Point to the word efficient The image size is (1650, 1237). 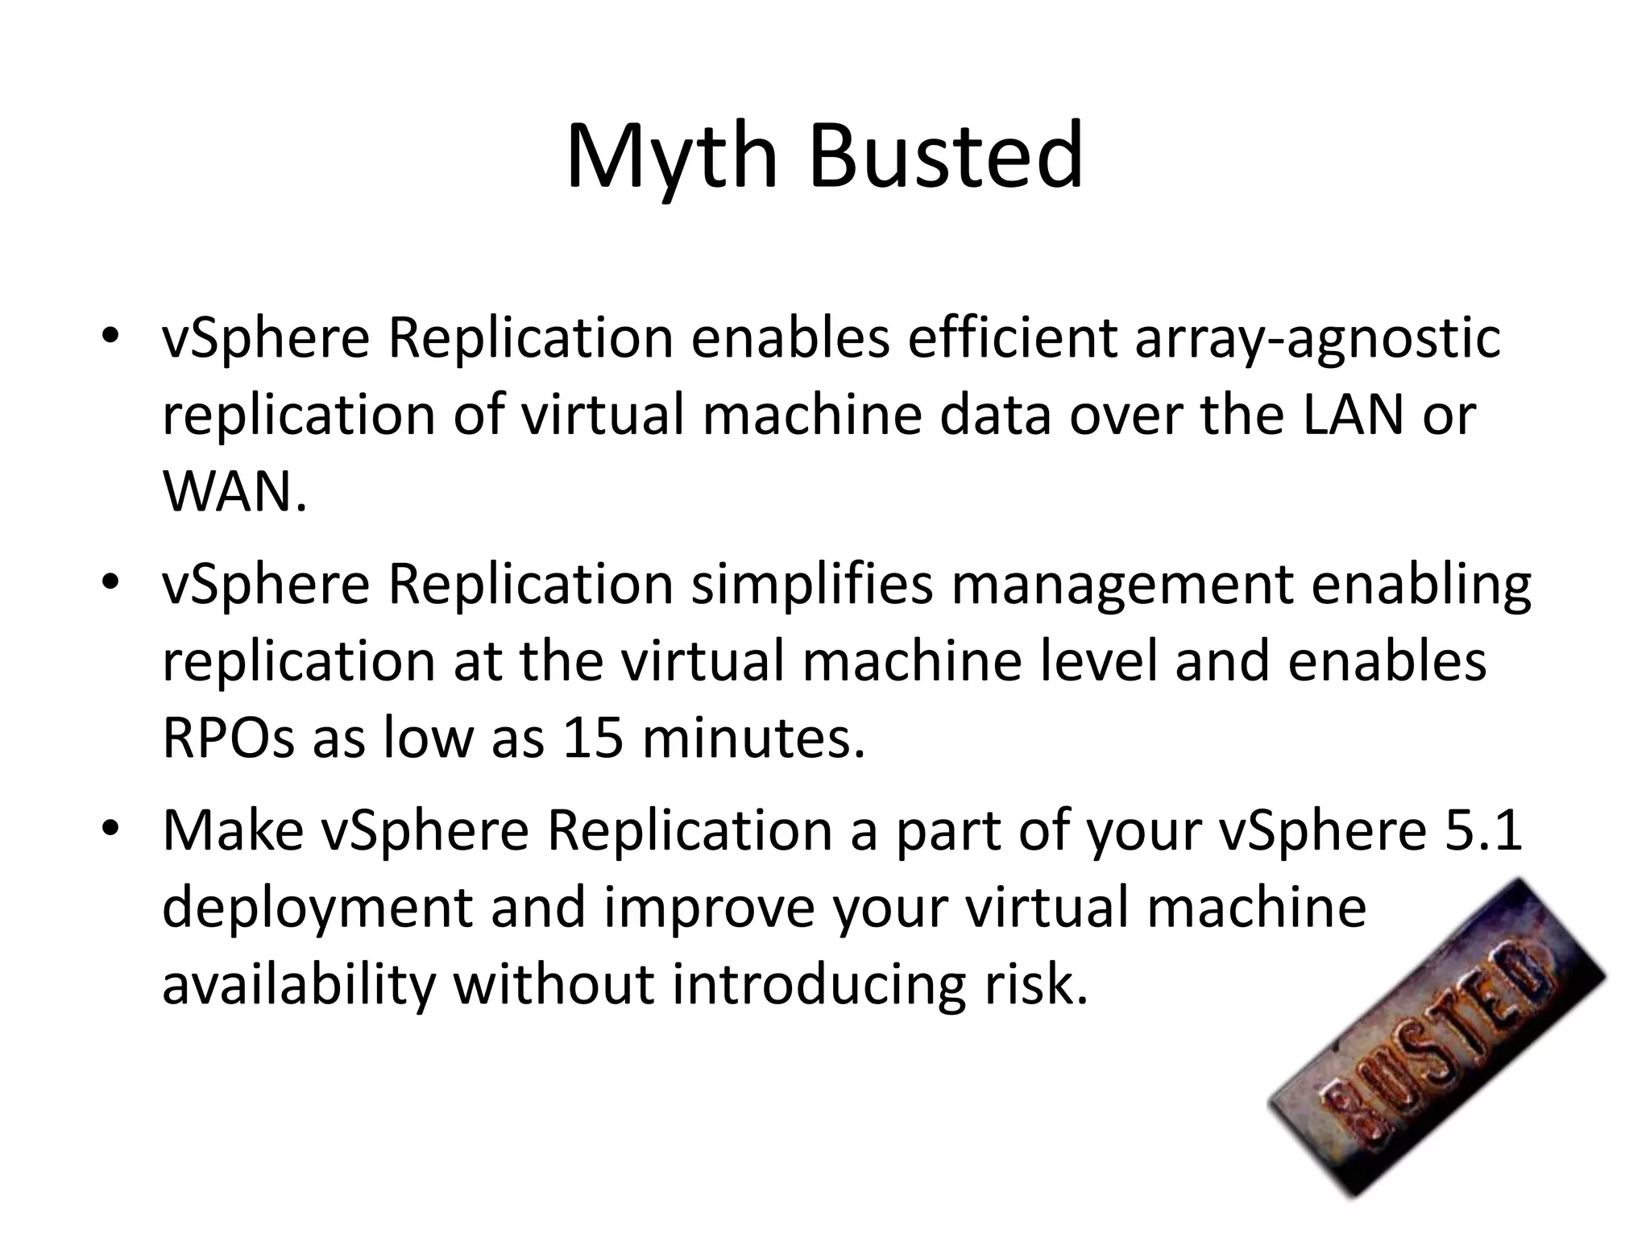(x=1011, y=338)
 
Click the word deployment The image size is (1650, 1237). (x=317, y=908)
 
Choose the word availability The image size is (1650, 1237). (x=298, y=984)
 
